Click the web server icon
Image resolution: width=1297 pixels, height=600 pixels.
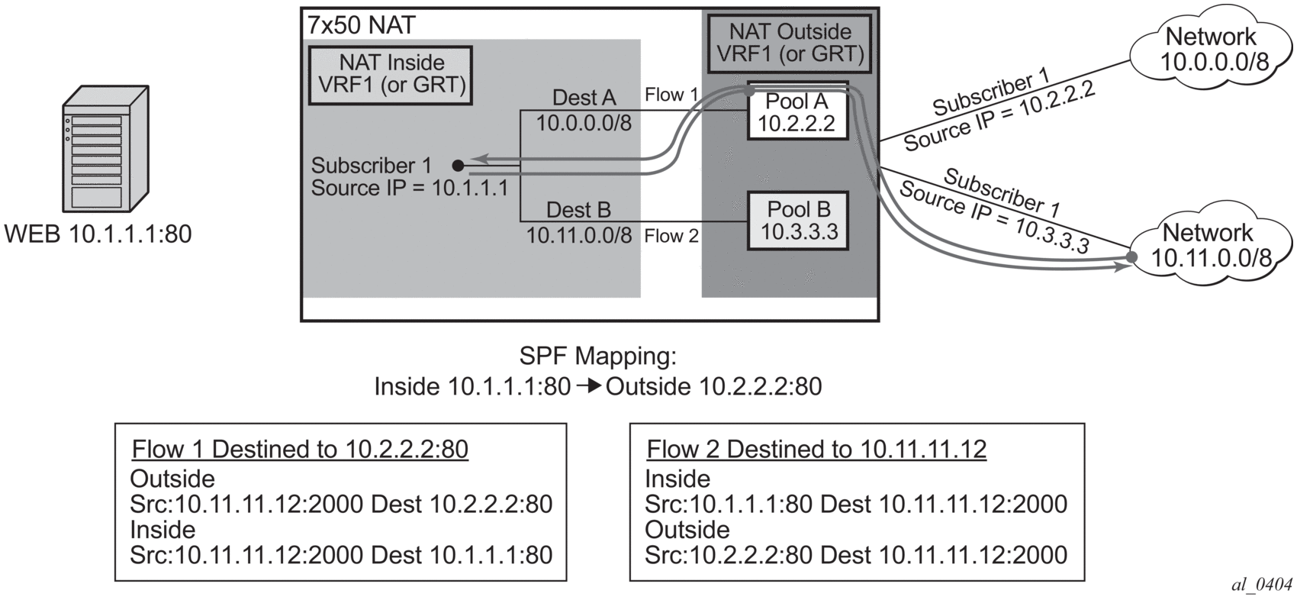tap(106, 150)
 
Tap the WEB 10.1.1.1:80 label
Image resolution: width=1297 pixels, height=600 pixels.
tap(98, 234)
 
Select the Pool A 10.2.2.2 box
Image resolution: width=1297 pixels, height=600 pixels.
tap(797, 112)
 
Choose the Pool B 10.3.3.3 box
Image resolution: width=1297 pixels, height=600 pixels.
tap(798, 221)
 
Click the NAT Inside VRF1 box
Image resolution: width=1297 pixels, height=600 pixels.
tap(391, 74)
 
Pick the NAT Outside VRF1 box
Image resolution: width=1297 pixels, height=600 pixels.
tap(790, 44)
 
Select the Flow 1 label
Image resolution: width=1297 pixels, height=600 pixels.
tap(671, 95)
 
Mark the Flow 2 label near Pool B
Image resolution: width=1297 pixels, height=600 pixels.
tap(671, 236)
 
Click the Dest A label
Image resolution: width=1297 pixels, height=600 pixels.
tap(584, 98)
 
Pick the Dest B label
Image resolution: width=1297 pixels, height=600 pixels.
tap(578, 210)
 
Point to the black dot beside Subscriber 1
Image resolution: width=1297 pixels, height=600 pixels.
tap(458, 165)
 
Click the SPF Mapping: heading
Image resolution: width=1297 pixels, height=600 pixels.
tap(597, 356)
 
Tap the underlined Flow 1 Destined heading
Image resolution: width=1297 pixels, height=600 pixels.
tap(300, 449)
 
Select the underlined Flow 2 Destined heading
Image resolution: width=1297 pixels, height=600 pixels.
tap(816, 449)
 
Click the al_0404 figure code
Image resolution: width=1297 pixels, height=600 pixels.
tap(1262, 585)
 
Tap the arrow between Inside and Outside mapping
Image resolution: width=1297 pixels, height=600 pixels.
tap(588, 386)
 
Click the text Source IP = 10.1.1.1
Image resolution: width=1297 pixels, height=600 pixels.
tap(409, 188)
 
